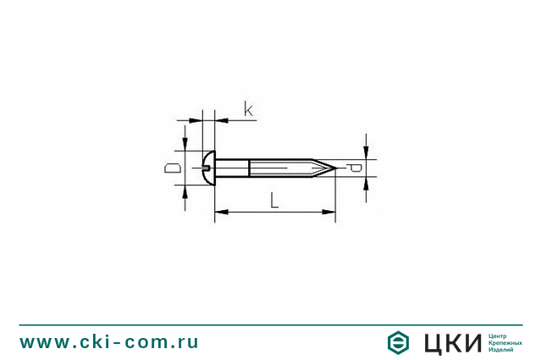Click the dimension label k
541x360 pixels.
tap(248, 108)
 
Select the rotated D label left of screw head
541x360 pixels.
tap(172, 168)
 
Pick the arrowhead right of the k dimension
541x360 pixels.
tap(221, 119)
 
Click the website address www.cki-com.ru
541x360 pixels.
tap(109, 342)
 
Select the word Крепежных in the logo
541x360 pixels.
tap(505, 342)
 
